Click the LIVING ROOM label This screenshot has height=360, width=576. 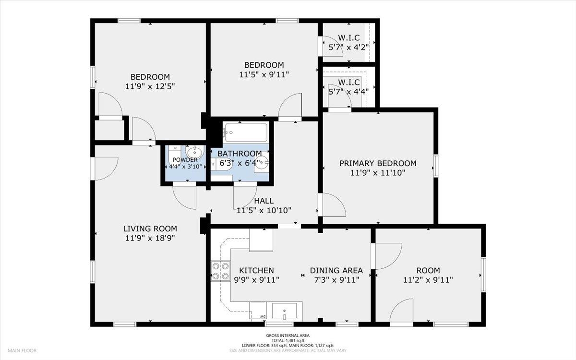[x=150, y=228]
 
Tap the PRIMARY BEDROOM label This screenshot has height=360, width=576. [x=378, y=163]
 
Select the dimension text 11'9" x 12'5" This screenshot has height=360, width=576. [x=150, y=86]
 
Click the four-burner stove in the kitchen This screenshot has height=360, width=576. [x=220, y=271]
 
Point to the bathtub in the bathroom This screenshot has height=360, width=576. [x=246, y=132]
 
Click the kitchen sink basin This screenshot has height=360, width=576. [x=284, y=311]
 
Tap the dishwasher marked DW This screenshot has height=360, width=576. [x=258, y=312]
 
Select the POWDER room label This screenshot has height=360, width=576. [x=185, y=160]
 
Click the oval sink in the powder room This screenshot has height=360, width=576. [x=194, y=152]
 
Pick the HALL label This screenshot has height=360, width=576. [x=264, y=201]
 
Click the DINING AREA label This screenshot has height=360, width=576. [x=336, y=271]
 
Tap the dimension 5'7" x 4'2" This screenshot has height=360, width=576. [x=349, y=48]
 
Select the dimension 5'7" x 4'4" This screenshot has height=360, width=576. [x=348, y=92]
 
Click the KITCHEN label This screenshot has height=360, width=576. [x=256, y=271]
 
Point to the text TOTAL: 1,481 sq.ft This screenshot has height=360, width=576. [x=288, y=340]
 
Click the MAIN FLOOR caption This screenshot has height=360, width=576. [x=22, y=350]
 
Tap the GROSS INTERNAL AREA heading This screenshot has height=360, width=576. [x=288, y=336]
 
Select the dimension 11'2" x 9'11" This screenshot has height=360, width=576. [x=428, y=280]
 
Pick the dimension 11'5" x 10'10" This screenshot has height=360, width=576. [x=264, y=211]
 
